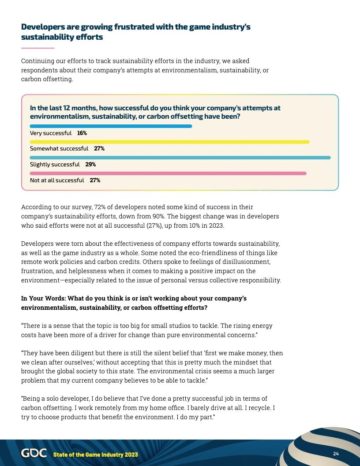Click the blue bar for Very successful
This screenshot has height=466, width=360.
tap(111, 126)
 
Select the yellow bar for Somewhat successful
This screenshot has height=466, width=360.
tap(169, 142)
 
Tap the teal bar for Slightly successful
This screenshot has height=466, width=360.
tap(180, 158)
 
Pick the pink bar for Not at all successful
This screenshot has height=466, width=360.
tap(168, 173)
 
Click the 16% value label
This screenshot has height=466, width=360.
tap(82, 133)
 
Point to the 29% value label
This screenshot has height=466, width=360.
tap(90, 165)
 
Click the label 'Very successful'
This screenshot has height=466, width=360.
tap(50, 133)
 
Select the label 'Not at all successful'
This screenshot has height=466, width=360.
tap(57, 180)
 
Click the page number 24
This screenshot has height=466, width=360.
tap(336, 454)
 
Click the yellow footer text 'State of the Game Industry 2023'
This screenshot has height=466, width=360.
tap(95, 455)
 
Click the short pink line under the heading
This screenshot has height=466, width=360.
tap(37, 48)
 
